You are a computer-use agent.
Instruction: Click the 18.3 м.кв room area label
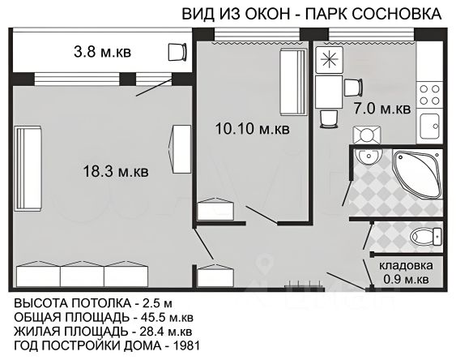tap(116, 171)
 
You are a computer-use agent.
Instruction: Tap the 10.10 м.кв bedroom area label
tap(252, 129)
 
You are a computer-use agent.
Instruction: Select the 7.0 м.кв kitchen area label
tap(382, 109)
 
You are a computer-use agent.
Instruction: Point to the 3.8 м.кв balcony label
tap(102, 53)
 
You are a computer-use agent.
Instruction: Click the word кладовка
tap(406, 266)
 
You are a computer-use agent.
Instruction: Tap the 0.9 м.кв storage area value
tap(406, 280)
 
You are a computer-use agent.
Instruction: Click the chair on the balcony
tap(177, 52)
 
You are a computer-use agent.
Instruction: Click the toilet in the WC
tap(426, 236)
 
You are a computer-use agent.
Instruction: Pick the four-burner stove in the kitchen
tap(429, 95)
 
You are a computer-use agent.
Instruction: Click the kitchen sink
tap(429, 126)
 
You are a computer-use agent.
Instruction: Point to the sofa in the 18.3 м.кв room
tap(28, 168)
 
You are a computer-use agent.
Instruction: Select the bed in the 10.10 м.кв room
tap(293, 82)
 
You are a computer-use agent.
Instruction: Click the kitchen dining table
tap(329, 92)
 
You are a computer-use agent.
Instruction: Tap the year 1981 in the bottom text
tap(186, 345)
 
